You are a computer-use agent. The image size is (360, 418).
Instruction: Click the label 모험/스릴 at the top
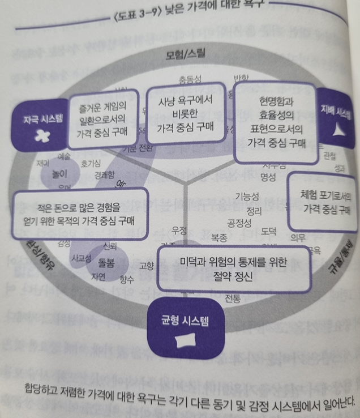click(x=185, y=55)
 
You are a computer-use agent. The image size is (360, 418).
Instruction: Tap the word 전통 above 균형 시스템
click(x=233, y=298)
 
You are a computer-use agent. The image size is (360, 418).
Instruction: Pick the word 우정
click(x=180, y=231)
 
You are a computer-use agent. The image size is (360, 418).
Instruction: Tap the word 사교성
click(x=81, y=257)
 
